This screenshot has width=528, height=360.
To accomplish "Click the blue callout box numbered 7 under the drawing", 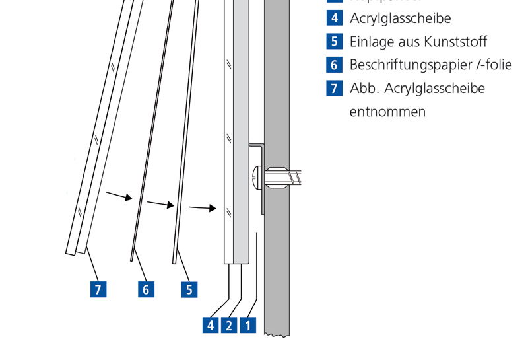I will [98, 289].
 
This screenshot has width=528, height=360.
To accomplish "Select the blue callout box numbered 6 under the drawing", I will [146, 289].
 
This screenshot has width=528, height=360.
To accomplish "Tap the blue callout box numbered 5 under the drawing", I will [189, 289].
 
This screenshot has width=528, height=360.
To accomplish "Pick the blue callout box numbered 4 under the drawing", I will [211, 325].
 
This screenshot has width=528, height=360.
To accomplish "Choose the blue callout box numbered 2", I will [229, 325].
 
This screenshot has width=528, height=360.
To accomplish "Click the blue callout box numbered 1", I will [248, 325].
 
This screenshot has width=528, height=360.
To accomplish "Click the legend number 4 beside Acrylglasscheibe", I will [335, 18].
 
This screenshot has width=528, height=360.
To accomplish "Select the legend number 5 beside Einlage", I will [335, 41].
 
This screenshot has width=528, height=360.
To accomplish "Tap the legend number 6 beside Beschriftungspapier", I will [335, 64].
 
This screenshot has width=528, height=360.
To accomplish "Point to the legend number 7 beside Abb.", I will [335, 88].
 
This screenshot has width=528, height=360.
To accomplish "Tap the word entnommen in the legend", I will [387, 112].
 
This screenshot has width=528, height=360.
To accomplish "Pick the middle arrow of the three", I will [161, 205].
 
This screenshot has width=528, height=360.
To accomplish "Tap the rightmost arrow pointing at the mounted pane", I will [203, 208].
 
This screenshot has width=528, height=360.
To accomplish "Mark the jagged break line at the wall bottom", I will [278, 335].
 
